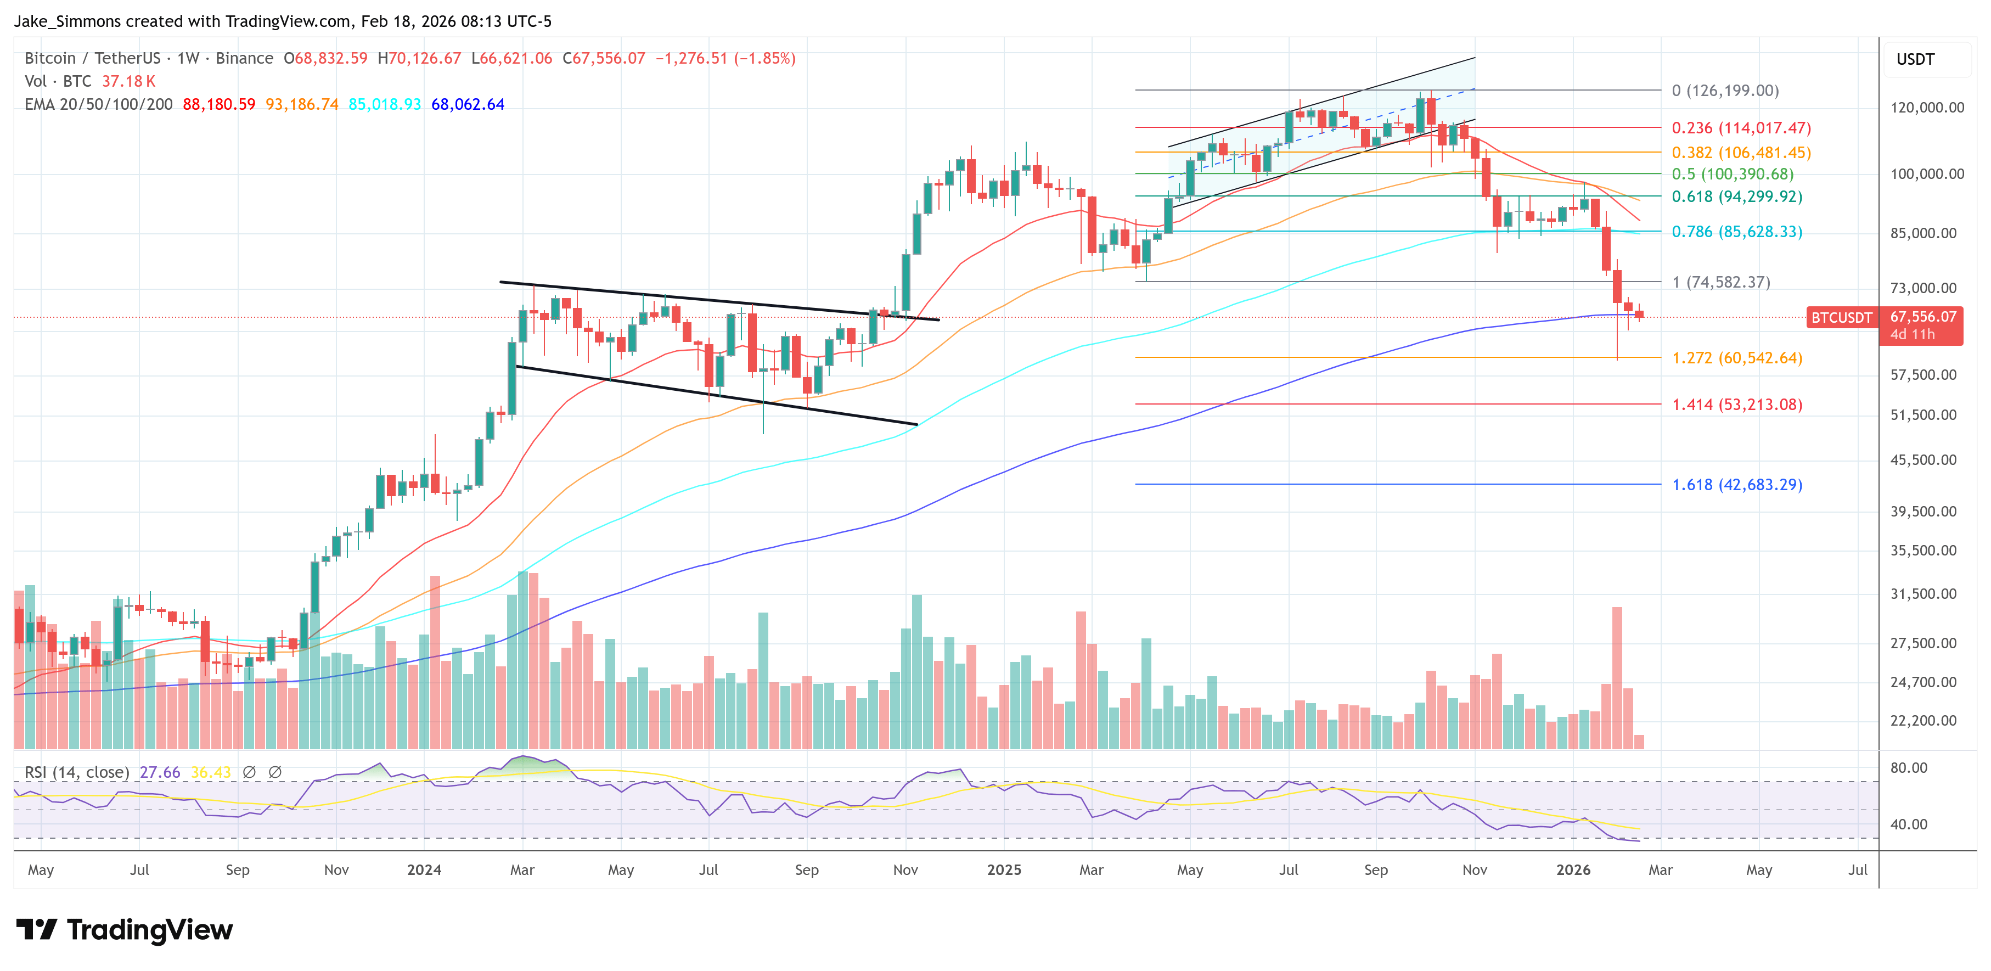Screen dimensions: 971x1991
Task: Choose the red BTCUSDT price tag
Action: point(1841,318)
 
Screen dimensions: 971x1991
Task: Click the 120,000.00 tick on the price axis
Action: point(1927,108)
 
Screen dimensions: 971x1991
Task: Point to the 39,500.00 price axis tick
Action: point(1923,511)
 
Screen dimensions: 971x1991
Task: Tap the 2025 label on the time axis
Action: point(1004,869)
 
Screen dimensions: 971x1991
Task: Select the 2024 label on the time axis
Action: point(424,869)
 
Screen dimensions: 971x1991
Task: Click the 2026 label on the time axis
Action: point(1573,869)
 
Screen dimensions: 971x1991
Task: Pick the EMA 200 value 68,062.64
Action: point(468,104)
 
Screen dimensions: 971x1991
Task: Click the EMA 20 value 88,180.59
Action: point(219,104)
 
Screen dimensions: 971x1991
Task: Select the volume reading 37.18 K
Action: point(128,81)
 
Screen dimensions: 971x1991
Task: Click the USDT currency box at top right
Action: point(1915,59)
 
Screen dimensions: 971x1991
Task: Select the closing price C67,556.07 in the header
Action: point(604,58)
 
